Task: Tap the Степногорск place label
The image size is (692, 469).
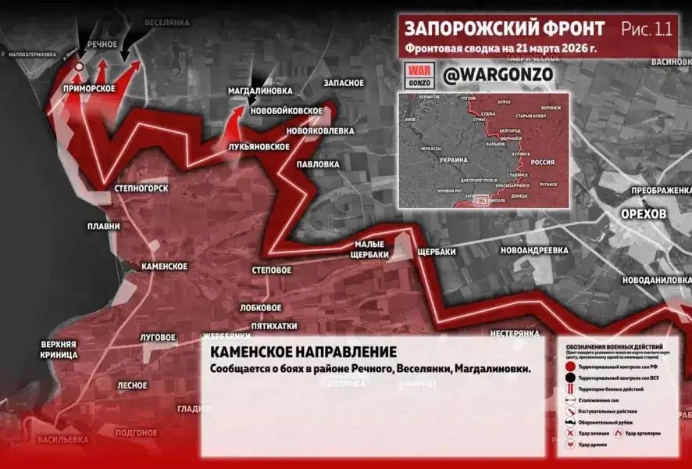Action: pos(141,188)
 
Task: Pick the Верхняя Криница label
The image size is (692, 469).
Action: pos(59,349)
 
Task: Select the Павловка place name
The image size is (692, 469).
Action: pos(317,164)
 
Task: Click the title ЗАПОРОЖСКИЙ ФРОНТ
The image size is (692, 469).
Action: pos(504,29)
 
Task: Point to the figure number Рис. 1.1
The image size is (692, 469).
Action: pos(646,30)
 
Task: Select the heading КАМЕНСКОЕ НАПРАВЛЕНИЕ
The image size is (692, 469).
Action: pos(303,353)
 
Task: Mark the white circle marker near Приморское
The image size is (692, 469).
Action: pos(80,76)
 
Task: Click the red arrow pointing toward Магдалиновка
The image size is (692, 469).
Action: pos(237,119)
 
